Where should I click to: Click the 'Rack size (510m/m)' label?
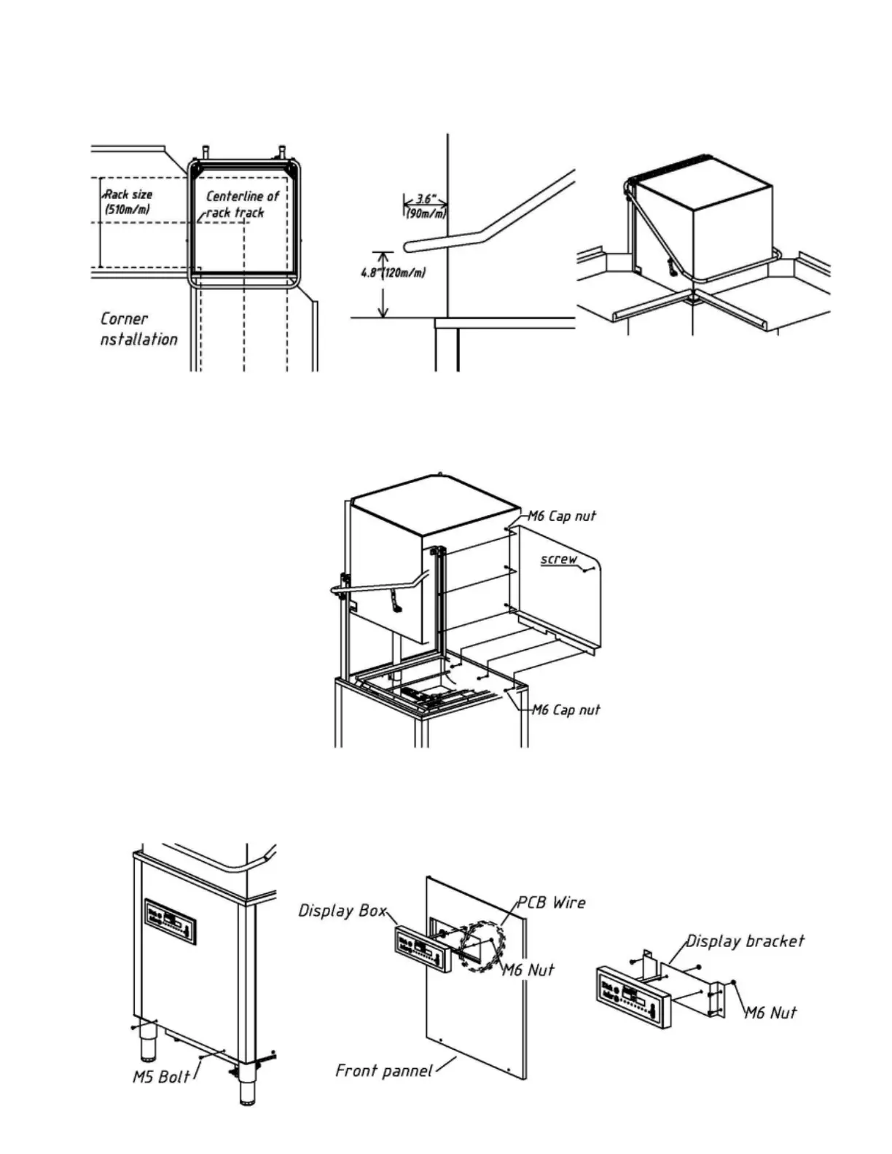tap(129, 202)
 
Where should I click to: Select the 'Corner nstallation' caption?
tap(138, 329)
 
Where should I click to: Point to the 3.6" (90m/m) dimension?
tap(426, 206)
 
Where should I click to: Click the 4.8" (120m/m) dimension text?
tap(394, 272)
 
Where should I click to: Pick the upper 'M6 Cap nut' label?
tap(562, 516)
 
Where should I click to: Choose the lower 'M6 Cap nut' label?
tap(566, 710)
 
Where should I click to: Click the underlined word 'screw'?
tap(559, 559)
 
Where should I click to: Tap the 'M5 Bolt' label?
tap(161, 1076)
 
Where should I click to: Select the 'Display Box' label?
tap(343, 911)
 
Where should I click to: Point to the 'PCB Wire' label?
tap(551, 903)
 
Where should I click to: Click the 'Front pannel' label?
tap(383, 1070)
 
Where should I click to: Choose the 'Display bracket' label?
tap(745, 941)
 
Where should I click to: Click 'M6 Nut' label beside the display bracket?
tap(770, 1012)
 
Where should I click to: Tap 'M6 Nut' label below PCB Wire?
tap(528, 970)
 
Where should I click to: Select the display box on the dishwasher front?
tap(171, 922)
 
